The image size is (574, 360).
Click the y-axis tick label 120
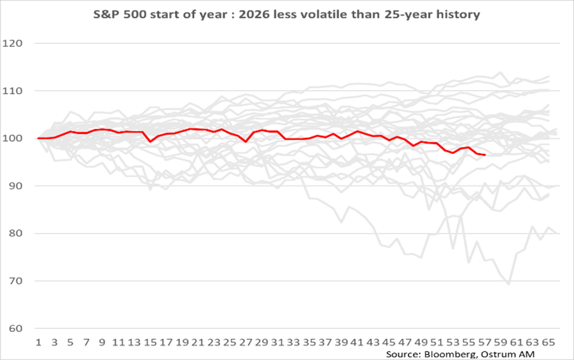[x=12, y=43]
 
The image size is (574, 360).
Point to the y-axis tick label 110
[x=12, y=91]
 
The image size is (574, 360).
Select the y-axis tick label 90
[x=15, y=186]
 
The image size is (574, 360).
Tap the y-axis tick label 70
[x=15, y=281]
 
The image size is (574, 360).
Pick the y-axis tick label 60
[x=15, y=328]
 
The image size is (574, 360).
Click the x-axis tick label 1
[x=38, y=343]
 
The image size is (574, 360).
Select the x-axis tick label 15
[x=150, y=343]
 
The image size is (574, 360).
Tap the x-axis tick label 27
[x=245, y=343]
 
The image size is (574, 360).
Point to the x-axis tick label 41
[x=357, y=343]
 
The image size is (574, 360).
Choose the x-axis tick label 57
[x=485, y=343]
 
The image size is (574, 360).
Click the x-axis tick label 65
[x=548, y=343]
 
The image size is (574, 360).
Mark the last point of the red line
[x=485, y=155]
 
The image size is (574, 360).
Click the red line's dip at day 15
[x=150, y=142]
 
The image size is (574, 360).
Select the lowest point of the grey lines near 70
[x=509, y=284]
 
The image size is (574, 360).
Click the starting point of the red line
[x=38, y=138]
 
